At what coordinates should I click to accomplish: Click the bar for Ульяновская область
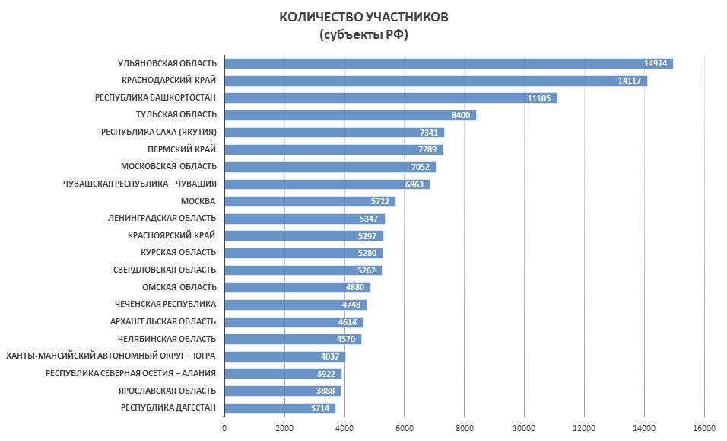pyautogui.click(x=449, y=63)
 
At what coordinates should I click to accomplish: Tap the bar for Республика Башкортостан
pyautogui.click(x=391, y=97)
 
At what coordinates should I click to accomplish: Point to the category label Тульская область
pyautogui.click(x=176, y=115)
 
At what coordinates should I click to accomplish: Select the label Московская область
pyautogui.click(x=169, y=167)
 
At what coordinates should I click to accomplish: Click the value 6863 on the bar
pyautogui.click(x=415, y=184)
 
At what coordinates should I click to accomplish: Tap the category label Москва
pyautogui.click(x=198, y=201)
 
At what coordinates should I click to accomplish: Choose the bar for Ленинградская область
pyautogui.click(x=304, y=219)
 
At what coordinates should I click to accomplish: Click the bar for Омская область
pyautogui.click(x=297, y=287)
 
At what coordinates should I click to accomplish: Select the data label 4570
pyautogui.click(x=347, y=339)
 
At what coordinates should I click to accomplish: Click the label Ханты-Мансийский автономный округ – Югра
pyautogui.click(x=111, y=356)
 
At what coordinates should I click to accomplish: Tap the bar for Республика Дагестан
pyautogui.click(x=280, y=407)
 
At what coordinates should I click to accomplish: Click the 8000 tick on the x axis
pyautogui.click(x=464, y=428)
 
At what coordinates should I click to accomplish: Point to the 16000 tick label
pyautogui.click(x=704, y=428)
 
